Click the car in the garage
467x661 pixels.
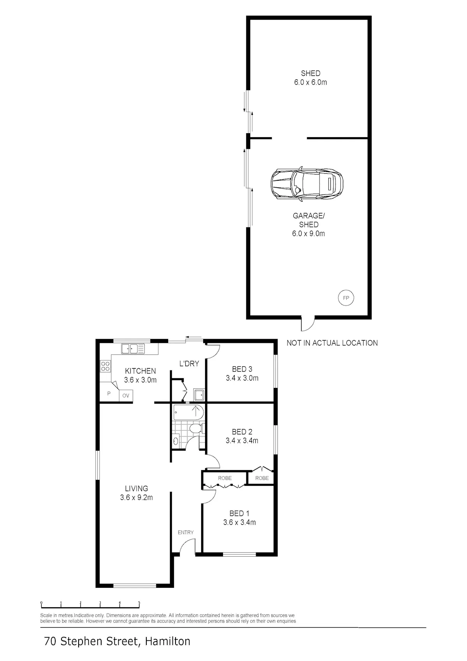(307, 184)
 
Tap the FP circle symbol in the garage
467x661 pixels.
(346, 298)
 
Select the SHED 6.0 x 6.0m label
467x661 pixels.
(311, 78)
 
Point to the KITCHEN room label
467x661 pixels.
(140, 371)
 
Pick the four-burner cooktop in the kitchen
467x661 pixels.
(105, 366)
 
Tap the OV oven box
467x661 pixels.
(126, 395)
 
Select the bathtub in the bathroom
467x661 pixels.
(188, 412)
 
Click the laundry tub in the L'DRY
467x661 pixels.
(198, 395)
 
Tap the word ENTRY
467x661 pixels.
(186, 532)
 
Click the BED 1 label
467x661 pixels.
(239, 513)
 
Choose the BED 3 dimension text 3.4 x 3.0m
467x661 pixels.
(242, 378)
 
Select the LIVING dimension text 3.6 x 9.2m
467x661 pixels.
(136, 497)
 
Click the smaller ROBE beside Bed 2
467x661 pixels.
(262, 478)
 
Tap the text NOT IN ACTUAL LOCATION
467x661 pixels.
(332, 343)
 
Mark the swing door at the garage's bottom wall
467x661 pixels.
(308, 323)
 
